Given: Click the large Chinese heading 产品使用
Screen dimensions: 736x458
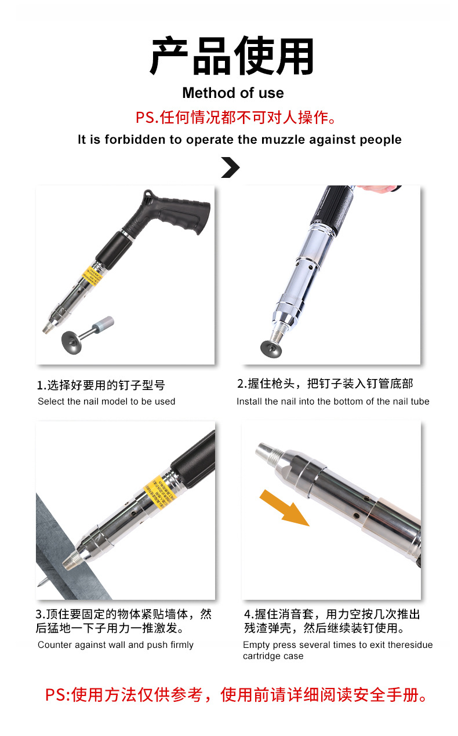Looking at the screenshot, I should point(232,57).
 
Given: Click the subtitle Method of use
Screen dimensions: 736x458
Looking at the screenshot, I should point(232,93).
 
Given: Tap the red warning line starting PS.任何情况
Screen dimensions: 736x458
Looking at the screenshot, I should point(235,118).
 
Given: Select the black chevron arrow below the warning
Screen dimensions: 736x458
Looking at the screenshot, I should point(230,167).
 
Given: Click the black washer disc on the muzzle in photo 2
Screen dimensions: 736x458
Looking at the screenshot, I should point(272,348).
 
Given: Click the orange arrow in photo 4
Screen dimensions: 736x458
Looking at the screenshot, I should point(284,507).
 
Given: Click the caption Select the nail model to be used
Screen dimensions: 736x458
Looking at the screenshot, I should point(106,402).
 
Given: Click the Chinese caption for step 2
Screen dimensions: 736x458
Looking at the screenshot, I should point(325,384).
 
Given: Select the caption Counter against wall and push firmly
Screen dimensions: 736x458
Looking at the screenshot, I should point(115,645).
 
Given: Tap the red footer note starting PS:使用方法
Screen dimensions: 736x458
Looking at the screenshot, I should point(237,695).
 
